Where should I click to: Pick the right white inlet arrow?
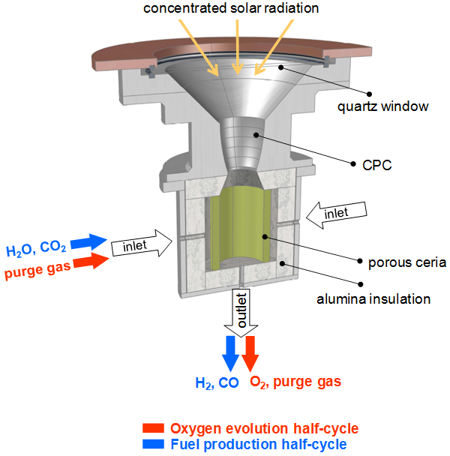(340, 214)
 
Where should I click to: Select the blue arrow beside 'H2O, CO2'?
(91, 242)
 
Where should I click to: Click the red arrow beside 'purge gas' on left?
(91, 262)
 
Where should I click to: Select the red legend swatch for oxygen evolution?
(154, 428)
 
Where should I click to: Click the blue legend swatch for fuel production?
(154, 444)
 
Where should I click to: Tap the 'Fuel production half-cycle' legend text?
(258, 444)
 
